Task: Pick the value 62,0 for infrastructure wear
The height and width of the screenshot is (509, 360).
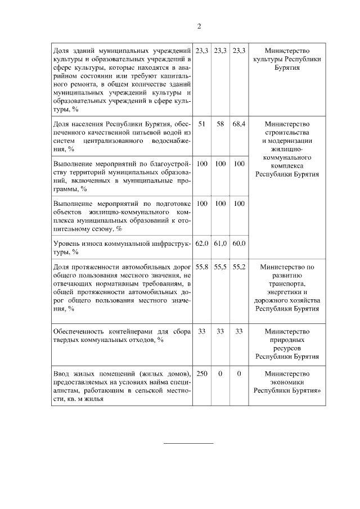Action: tap(202, 244)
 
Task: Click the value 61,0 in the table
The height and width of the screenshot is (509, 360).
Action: tap(220, 244)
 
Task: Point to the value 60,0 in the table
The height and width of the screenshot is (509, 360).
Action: tap(239, 244)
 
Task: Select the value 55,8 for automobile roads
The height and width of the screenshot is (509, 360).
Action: tap(202, 268)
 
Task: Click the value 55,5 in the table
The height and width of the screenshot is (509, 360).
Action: tap(220, 268)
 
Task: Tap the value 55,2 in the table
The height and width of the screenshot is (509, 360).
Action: tap(239, 268)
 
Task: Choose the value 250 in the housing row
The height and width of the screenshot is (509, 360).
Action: tap(202, 373)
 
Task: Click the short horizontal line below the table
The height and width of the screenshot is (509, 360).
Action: tap(188, 443)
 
